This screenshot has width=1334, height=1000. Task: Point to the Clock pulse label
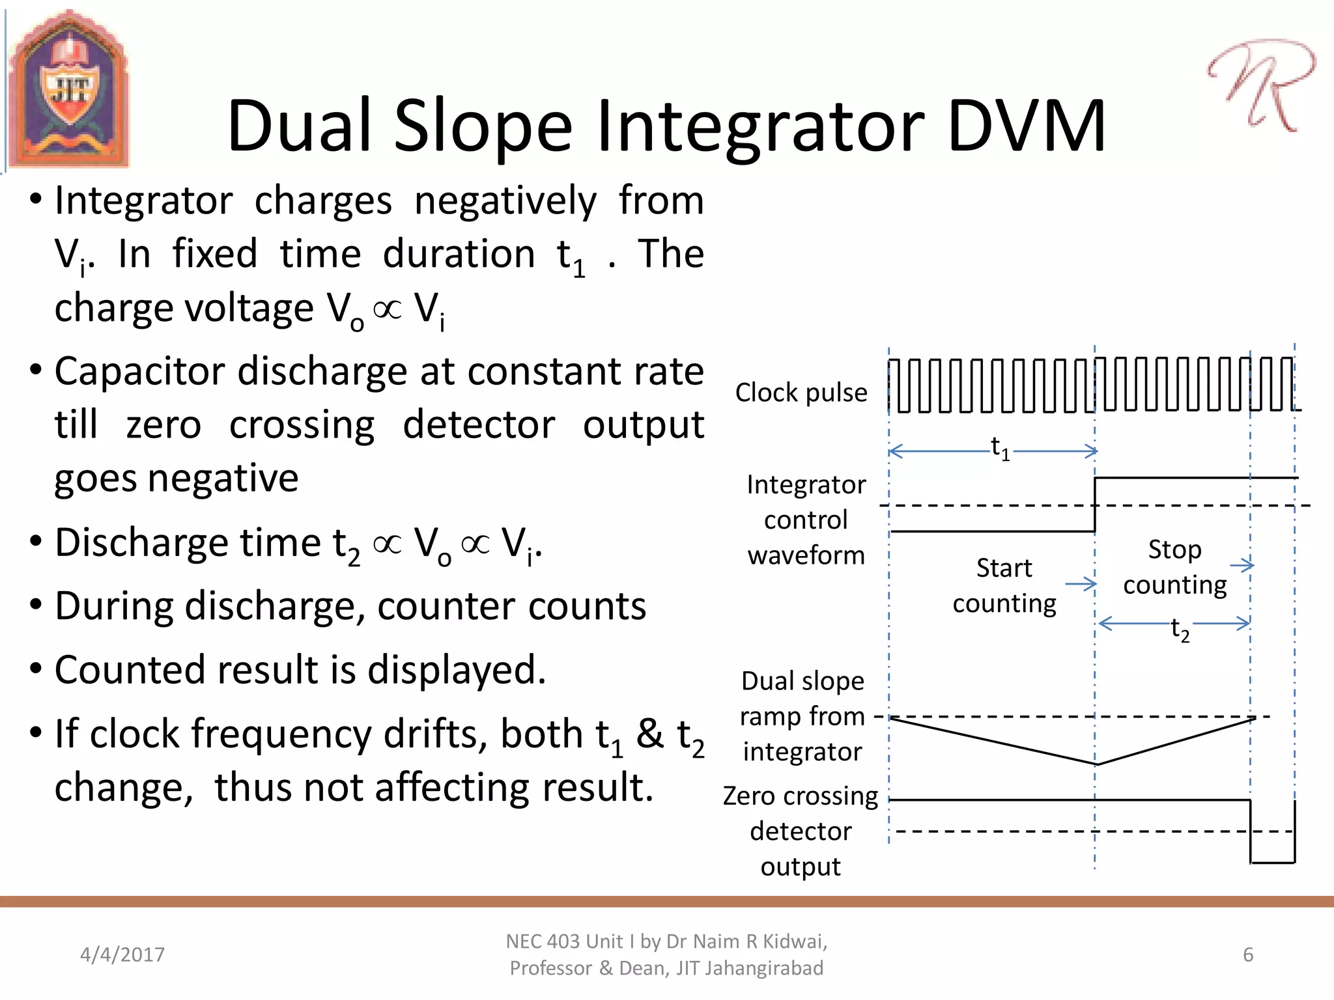pos(801,393)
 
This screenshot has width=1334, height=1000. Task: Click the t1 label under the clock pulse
pos(1000,449)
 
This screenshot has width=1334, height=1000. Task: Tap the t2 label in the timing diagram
pos(1180,630)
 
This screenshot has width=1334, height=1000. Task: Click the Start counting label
pos(1004,585)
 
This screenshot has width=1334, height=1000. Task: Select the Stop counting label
pos(1175,567)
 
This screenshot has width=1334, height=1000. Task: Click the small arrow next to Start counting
pos(1081,584)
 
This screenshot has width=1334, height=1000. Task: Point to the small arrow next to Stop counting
pos(1243,565)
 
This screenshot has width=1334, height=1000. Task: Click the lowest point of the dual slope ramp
pos(1096,764)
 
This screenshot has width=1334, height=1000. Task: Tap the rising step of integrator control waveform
pos(1095,505)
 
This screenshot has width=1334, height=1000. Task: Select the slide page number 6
pos(1247,954)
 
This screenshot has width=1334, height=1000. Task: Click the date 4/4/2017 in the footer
pos(122,954)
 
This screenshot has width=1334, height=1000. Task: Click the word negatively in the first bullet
pos(505,201)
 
